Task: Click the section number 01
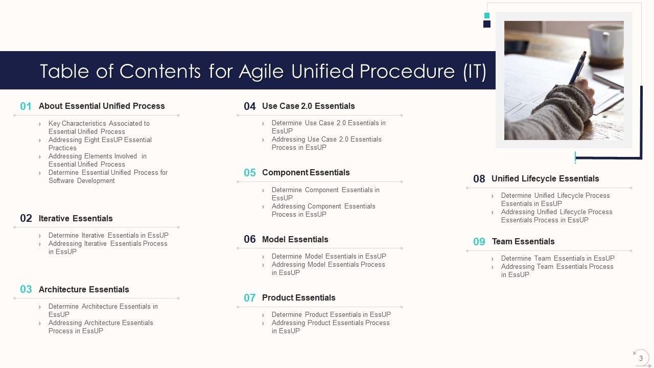26,106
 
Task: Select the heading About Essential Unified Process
102,106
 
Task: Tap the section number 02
26,218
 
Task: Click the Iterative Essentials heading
76,218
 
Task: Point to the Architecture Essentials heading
84,289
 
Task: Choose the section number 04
249,106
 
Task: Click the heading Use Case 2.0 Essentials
308,106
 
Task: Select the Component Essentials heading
306,172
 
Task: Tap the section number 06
249,239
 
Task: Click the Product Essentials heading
298,297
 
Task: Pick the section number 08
479,179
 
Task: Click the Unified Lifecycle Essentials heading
545,178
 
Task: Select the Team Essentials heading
523,241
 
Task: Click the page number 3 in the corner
641,358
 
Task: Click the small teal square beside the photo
487,15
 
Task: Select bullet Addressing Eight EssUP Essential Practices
100,144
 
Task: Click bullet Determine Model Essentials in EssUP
329,256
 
